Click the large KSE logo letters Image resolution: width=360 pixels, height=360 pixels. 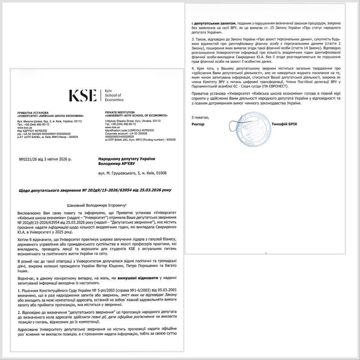pyautogui.click(x=82, y=96)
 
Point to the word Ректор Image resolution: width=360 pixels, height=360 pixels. pyautogui.click(x=198, y=124)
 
